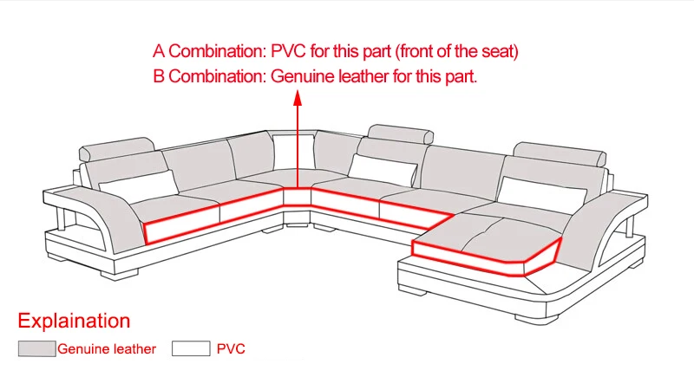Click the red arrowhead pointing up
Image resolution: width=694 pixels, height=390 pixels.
(298, 98)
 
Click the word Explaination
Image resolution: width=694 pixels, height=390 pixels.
(74, 321)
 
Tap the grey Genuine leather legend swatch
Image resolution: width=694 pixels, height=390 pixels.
(36, 348)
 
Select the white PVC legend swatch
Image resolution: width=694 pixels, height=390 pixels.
(191, 348)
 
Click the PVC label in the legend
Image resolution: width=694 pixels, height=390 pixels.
(231, 349)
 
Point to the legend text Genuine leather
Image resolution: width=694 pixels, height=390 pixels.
(107, 349)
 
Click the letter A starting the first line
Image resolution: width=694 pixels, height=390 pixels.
(159, 51)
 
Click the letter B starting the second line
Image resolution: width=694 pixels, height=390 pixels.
(159, 76)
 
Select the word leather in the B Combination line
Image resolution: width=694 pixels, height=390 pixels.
(363, 76)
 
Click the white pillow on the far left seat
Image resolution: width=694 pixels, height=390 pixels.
(139, 186)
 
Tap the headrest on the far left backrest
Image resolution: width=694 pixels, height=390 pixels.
(117, 149)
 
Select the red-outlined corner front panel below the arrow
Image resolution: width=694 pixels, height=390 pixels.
(297, 197)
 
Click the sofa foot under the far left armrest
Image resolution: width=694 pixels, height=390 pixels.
(120, 275)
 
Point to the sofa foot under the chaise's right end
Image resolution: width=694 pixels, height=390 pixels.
(536, 318)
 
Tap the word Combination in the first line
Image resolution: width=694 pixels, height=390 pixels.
(218, 51)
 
